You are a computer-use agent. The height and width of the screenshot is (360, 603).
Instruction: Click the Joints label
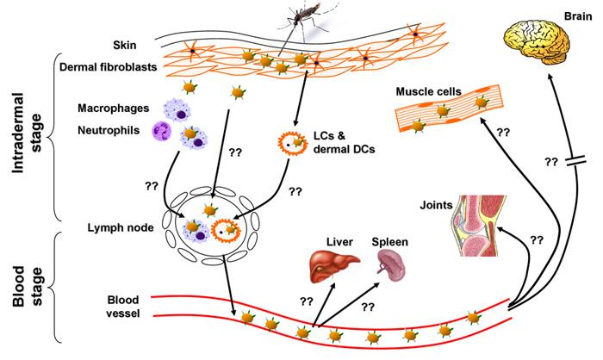pyautogui.click(x=436, y=205)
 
